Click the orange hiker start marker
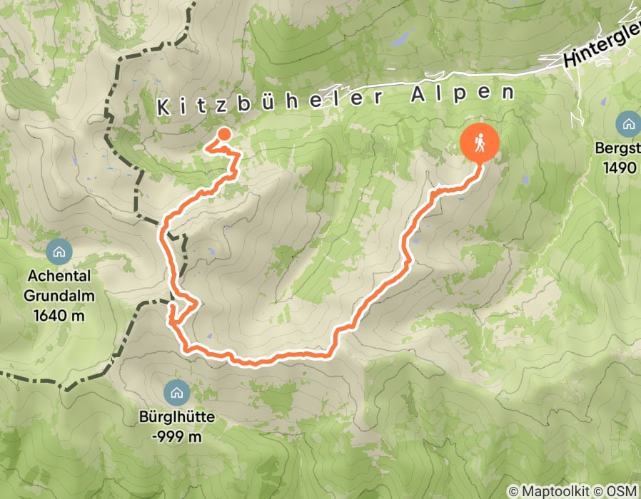pos(480,143)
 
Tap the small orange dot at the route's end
pos(223,134)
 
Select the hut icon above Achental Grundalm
pos(58,251)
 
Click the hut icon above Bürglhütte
pos(175,391)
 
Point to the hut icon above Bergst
pos(629,125)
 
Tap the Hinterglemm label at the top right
pos(602,51)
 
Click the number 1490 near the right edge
pos(619,168)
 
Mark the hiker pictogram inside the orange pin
pos(480,142)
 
